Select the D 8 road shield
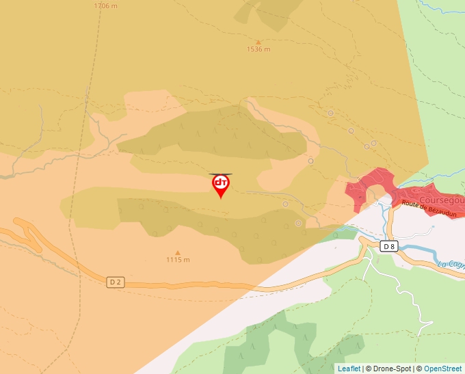(389, 246)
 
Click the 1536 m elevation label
(258, 49)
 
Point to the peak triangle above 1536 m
(258, 42)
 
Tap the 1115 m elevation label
(178, 260)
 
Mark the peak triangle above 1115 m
(178, 252)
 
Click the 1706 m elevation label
(105, 5)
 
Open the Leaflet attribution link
(349, 369)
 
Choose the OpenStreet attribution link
(443, 369)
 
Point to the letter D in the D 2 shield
(113, 281)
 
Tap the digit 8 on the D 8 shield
(393, 246)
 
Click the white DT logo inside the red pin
(220, 183)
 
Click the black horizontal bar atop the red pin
(220, 174)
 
